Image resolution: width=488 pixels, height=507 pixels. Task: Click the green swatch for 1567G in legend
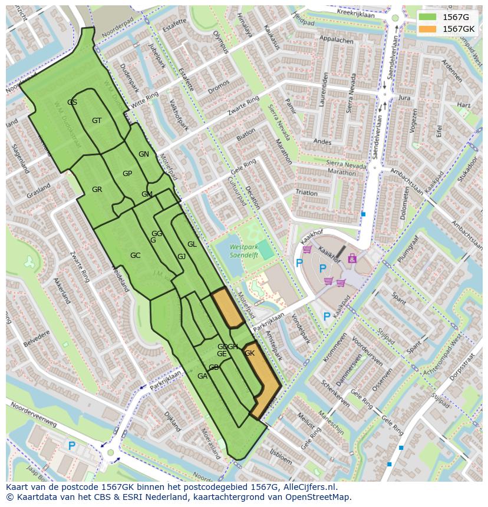click(x=427, y=17)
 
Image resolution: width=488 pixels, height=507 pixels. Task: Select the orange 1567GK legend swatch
click(x=427, y=29)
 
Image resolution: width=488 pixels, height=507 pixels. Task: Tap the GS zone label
click(x=72, y=102)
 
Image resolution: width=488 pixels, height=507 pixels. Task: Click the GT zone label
click(x=97, y=121)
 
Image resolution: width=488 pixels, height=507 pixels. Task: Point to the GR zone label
click(x=97, y=190)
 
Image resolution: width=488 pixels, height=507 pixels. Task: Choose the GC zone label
click(x=135, y=256)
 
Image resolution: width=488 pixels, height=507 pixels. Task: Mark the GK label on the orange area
click(x=250, y=353)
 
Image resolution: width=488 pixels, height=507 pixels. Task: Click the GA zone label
click(x=202, y=376)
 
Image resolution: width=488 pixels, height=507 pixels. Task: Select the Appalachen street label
click(x=335, y=41)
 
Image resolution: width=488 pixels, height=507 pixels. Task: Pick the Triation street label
click(x=306, y=193)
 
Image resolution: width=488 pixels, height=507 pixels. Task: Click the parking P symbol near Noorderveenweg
click(x=72, y=446)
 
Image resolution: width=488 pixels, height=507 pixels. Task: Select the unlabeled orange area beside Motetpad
click(x=227, y=307)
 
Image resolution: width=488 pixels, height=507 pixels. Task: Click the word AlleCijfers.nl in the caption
click(x=307, y=487)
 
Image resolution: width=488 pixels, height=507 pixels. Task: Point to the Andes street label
click(x=322, y=142)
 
